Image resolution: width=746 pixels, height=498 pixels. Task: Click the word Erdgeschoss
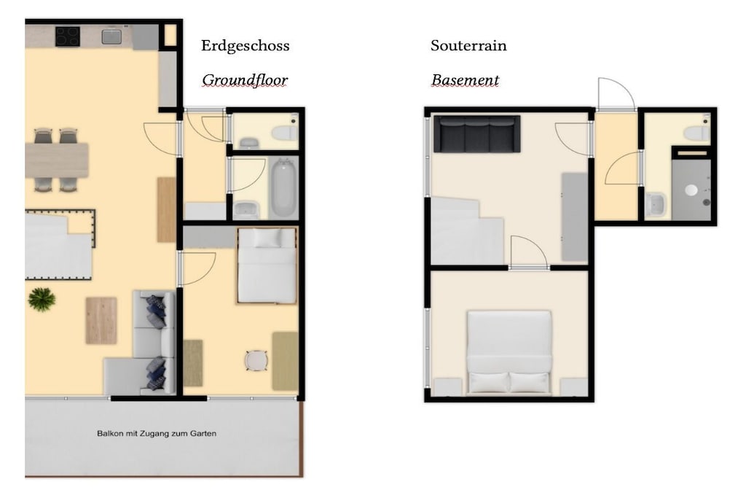(245, 46)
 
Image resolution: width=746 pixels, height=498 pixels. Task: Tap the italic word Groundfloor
(245, 80)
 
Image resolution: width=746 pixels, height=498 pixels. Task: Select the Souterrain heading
(468, 46)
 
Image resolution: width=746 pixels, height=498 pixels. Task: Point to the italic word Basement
(466, 80)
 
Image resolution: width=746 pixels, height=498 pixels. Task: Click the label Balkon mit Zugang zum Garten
(157, 433)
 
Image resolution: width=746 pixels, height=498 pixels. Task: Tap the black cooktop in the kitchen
(68, 36)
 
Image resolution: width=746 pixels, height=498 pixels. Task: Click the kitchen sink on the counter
(111, 36)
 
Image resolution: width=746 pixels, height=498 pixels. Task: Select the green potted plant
(42, 300)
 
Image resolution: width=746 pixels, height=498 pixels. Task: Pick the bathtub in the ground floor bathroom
(284, 188)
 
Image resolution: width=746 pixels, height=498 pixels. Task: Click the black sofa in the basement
(476, 133)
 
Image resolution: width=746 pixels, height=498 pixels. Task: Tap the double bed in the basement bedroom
(509, 352)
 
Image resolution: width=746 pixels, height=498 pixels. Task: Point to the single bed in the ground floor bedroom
(267, 265)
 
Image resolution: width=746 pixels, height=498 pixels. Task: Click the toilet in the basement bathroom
(697, 132)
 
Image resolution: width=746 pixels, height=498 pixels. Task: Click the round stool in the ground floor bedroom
(256, 360)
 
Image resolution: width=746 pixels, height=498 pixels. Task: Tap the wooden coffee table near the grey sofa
(101, 320)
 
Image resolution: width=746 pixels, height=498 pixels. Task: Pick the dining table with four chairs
(56, 160)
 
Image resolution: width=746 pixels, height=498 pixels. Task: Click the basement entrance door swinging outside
(616, 95)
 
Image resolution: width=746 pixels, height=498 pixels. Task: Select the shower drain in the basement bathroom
(691, 190)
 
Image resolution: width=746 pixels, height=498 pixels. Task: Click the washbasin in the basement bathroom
(656, 205)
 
